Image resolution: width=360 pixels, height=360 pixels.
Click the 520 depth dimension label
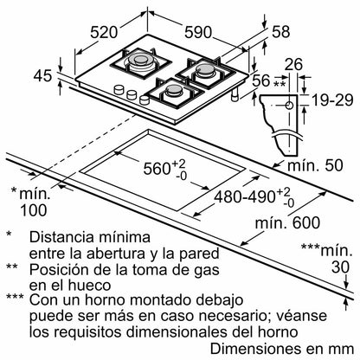click(104, 32)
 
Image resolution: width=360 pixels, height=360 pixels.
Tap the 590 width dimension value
click(198, 32)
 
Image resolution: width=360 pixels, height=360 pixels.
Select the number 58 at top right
click(281, 32)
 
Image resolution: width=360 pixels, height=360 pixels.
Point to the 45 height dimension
click(42, 75)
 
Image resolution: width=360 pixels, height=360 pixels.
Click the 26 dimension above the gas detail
click(293, 64)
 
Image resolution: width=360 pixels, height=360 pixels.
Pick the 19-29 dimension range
click(332, 100)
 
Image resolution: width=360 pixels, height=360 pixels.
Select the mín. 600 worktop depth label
click(287, 222)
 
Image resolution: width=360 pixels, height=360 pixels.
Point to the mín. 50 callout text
click(315, 165)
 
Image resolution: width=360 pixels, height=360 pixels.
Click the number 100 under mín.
click(33, 210)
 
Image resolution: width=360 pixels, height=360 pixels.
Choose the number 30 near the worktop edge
click(340, 267)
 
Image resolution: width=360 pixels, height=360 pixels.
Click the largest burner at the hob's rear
click(140, 60)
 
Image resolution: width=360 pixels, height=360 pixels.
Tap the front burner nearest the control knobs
click(175, 91)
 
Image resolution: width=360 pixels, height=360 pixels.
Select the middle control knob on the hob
click(132, 94)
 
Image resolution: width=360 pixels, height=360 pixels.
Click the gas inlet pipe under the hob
click(236, 94)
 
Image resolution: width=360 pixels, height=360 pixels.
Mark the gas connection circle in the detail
click(289, 106)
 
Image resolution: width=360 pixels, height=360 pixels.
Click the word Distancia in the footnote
click(61, 237)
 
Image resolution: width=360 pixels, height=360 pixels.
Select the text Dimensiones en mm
click(282, 349)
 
